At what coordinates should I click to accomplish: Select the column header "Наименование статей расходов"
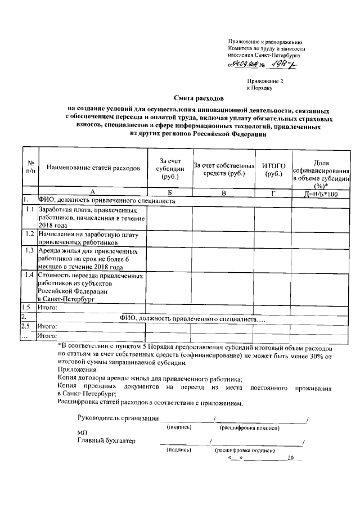coord(92,168)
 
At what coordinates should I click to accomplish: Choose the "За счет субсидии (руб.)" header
coord(169,169)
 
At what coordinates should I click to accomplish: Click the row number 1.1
coord(29,210)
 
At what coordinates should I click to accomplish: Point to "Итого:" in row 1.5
coord(48,308)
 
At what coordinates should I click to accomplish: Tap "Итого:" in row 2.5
coord(48,327)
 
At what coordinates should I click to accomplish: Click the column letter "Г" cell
coord(274,193)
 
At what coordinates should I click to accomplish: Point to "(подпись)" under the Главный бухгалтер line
coord(179,451)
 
